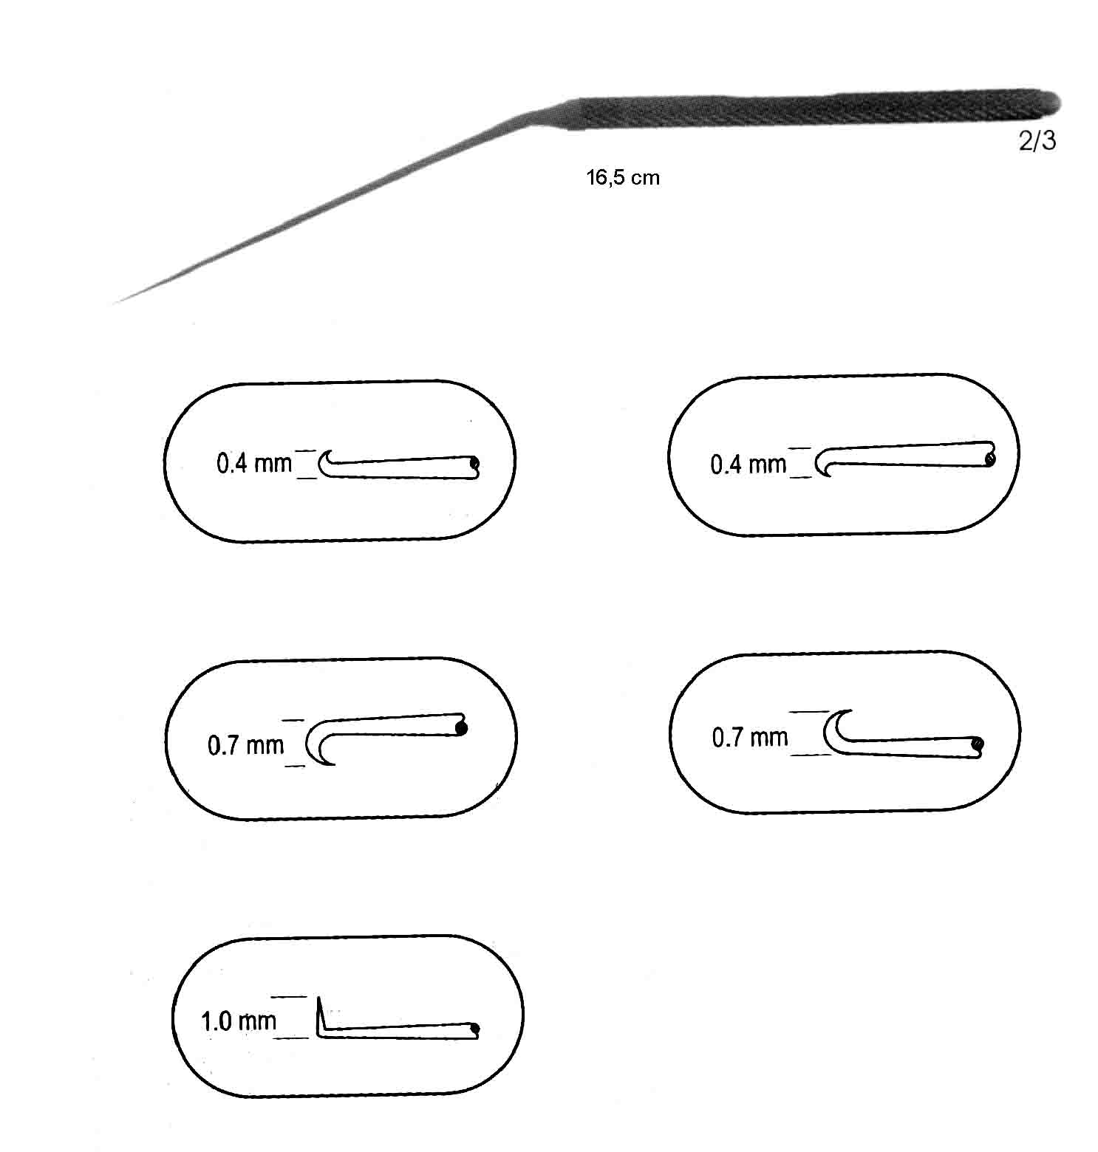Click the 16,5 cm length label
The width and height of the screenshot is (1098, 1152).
click(x=622, y=177)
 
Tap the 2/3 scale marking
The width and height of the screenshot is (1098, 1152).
click(x=1037, y=140)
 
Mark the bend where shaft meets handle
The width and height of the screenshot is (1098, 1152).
click(x=539, y=118)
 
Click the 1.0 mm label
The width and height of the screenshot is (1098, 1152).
click(x=239, y=1021)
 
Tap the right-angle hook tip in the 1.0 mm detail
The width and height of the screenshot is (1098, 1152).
click(x=320, y=999)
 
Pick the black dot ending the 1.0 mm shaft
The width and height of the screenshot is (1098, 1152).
click(x=474, y=1029)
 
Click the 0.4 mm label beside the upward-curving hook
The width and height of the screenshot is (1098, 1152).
click(x=254, y=464)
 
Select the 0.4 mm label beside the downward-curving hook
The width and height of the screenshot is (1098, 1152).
click(x=748, y=464)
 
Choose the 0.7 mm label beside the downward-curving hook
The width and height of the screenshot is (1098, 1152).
click(x=245, y=745)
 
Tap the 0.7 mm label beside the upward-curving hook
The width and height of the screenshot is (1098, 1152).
click(x=750, y=737)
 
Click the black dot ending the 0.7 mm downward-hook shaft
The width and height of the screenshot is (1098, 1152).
click(x=462, y=728)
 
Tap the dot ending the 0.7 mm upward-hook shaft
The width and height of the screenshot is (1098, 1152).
click(x=977, y=744)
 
